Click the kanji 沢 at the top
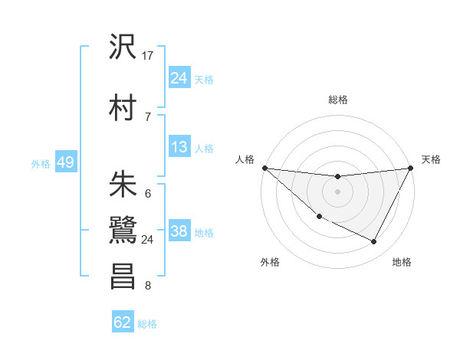coord(123,47)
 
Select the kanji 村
coord(123,106)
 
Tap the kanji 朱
coord(123,184)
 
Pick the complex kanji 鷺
coord(123,231)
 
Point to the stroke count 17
coord(149,55)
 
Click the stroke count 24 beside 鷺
coord(148,240)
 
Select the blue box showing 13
coord(179,148)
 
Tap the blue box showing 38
coord(179,232)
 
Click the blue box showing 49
coord(65,163)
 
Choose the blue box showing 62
coord(123,322)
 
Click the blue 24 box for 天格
coord(179,78)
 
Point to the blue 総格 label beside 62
coord(147,324)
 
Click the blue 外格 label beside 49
coord(41,164)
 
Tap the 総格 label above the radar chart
coord(338,100)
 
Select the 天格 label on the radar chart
coord(431,159)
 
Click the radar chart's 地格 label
coord(402,263)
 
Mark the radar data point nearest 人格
coord(264,168)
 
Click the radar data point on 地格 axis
coord(374,242)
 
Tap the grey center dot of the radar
coord(337,191)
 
